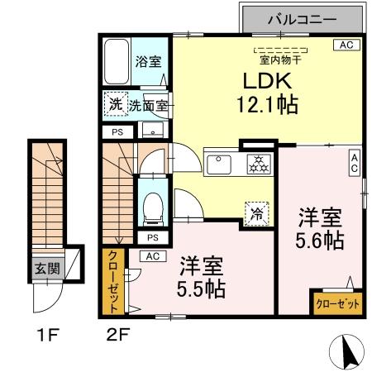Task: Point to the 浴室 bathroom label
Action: point(149,61)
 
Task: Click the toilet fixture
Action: point(152,206)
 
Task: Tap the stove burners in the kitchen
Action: point(258,163)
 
